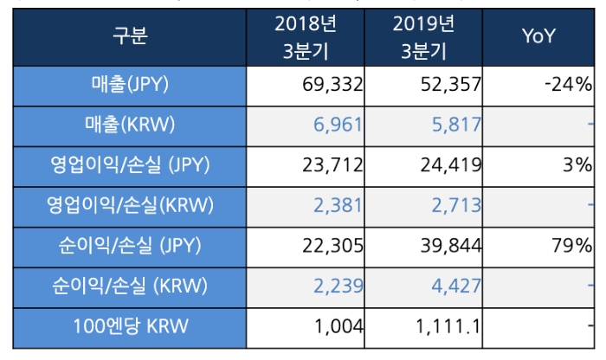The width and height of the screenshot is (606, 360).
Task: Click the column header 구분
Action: (131, 36)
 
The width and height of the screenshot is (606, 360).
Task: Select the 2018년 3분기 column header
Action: (306, 36)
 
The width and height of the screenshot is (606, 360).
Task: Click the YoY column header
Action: (538, 36)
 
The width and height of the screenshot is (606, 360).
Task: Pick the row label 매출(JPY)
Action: (131, 85)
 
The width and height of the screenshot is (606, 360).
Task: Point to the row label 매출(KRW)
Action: (131, 125)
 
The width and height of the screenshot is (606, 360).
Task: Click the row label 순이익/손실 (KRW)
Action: (131, 288)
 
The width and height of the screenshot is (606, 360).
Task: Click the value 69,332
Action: (329, 85)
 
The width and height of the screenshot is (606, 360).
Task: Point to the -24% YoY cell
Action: (567, 85)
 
